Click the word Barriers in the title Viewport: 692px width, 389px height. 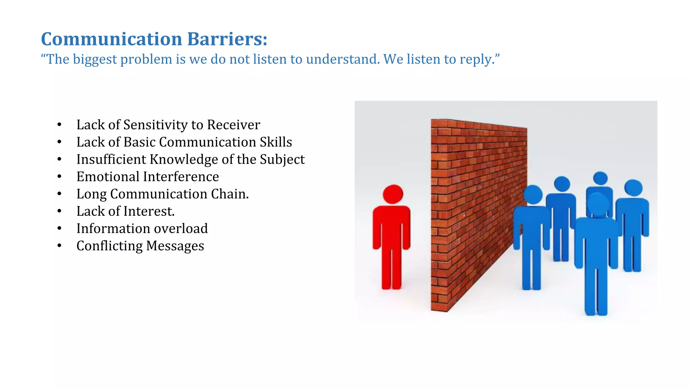227,39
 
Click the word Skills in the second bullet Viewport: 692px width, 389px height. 276,142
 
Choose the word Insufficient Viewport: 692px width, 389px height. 111,159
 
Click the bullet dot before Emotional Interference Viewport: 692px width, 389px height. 59,177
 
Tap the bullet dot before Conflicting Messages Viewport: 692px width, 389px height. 59,246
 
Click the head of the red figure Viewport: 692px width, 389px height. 393,194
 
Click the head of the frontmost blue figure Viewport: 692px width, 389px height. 598,204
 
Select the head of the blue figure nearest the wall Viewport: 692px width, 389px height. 533,195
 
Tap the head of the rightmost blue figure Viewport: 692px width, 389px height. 633,188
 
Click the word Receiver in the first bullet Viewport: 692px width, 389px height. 233,125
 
